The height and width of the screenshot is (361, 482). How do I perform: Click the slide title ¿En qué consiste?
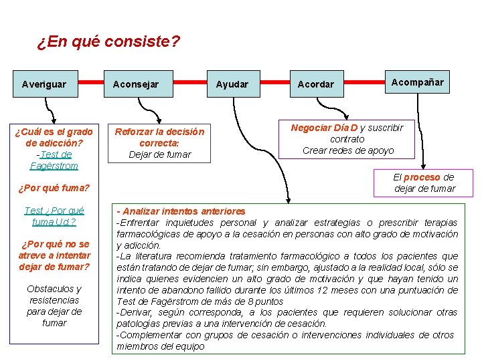108,42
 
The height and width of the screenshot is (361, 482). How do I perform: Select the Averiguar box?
44,84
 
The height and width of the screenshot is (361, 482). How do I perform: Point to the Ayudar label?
232,84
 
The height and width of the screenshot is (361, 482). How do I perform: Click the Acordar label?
315,84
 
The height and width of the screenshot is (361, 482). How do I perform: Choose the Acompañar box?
417,82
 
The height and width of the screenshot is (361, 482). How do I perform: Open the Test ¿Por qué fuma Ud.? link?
54,216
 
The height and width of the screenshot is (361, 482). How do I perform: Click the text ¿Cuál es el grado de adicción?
54,136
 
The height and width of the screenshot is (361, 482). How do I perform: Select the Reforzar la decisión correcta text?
159,137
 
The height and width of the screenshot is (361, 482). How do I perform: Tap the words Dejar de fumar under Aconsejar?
159,154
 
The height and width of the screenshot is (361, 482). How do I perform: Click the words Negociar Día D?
324,127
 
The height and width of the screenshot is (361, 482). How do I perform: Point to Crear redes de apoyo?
348,150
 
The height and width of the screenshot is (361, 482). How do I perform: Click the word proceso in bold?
421,177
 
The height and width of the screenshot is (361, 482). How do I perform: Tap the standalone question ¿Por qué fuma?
54,188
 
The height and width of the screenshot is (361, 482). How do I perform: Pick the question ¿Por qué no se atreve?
54,249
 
